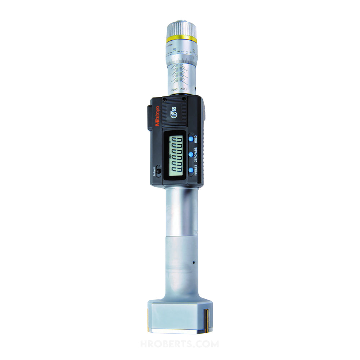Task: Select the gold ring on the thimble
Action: point(181,38)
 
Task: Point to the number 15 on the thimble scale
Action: point(174,49)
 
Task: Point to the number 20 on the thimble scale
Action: point(194,51)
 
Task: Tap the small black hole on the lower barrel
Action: point(193,262)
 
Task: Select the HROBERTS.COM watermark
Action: point(180,344)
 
